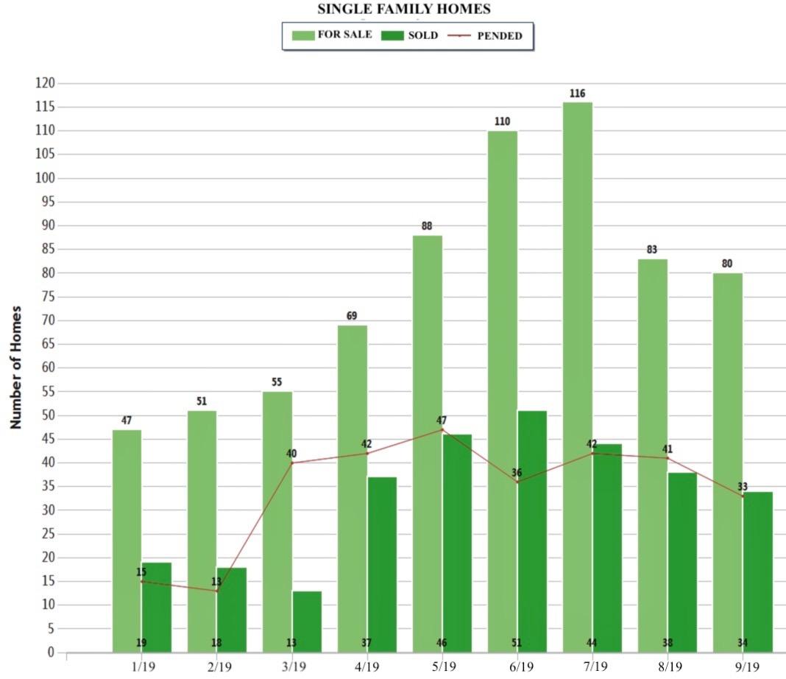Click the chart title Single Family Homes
coord(404,10)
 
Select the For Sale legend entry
coord(332,35)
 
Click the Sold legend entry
coord(410,35)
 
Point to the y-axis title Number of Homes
coord(15,367)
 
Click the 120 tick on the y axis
coord(45,83)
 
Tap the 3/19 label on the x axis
coord(293,666)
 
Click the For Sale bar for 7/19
coord(577,376)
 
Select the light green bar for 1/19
coord(127,541)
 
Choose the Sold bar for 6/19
coord(532,530)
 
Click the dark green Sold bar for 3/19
coord(307,621)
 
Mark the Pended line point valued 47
coord(442,429)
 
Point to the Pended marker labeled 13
coord(217,591)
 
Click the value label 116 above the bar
coord(577,94)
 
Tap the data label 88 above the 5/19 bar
coord(427,226)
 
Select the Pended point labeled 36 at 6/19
coord(517,482)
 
